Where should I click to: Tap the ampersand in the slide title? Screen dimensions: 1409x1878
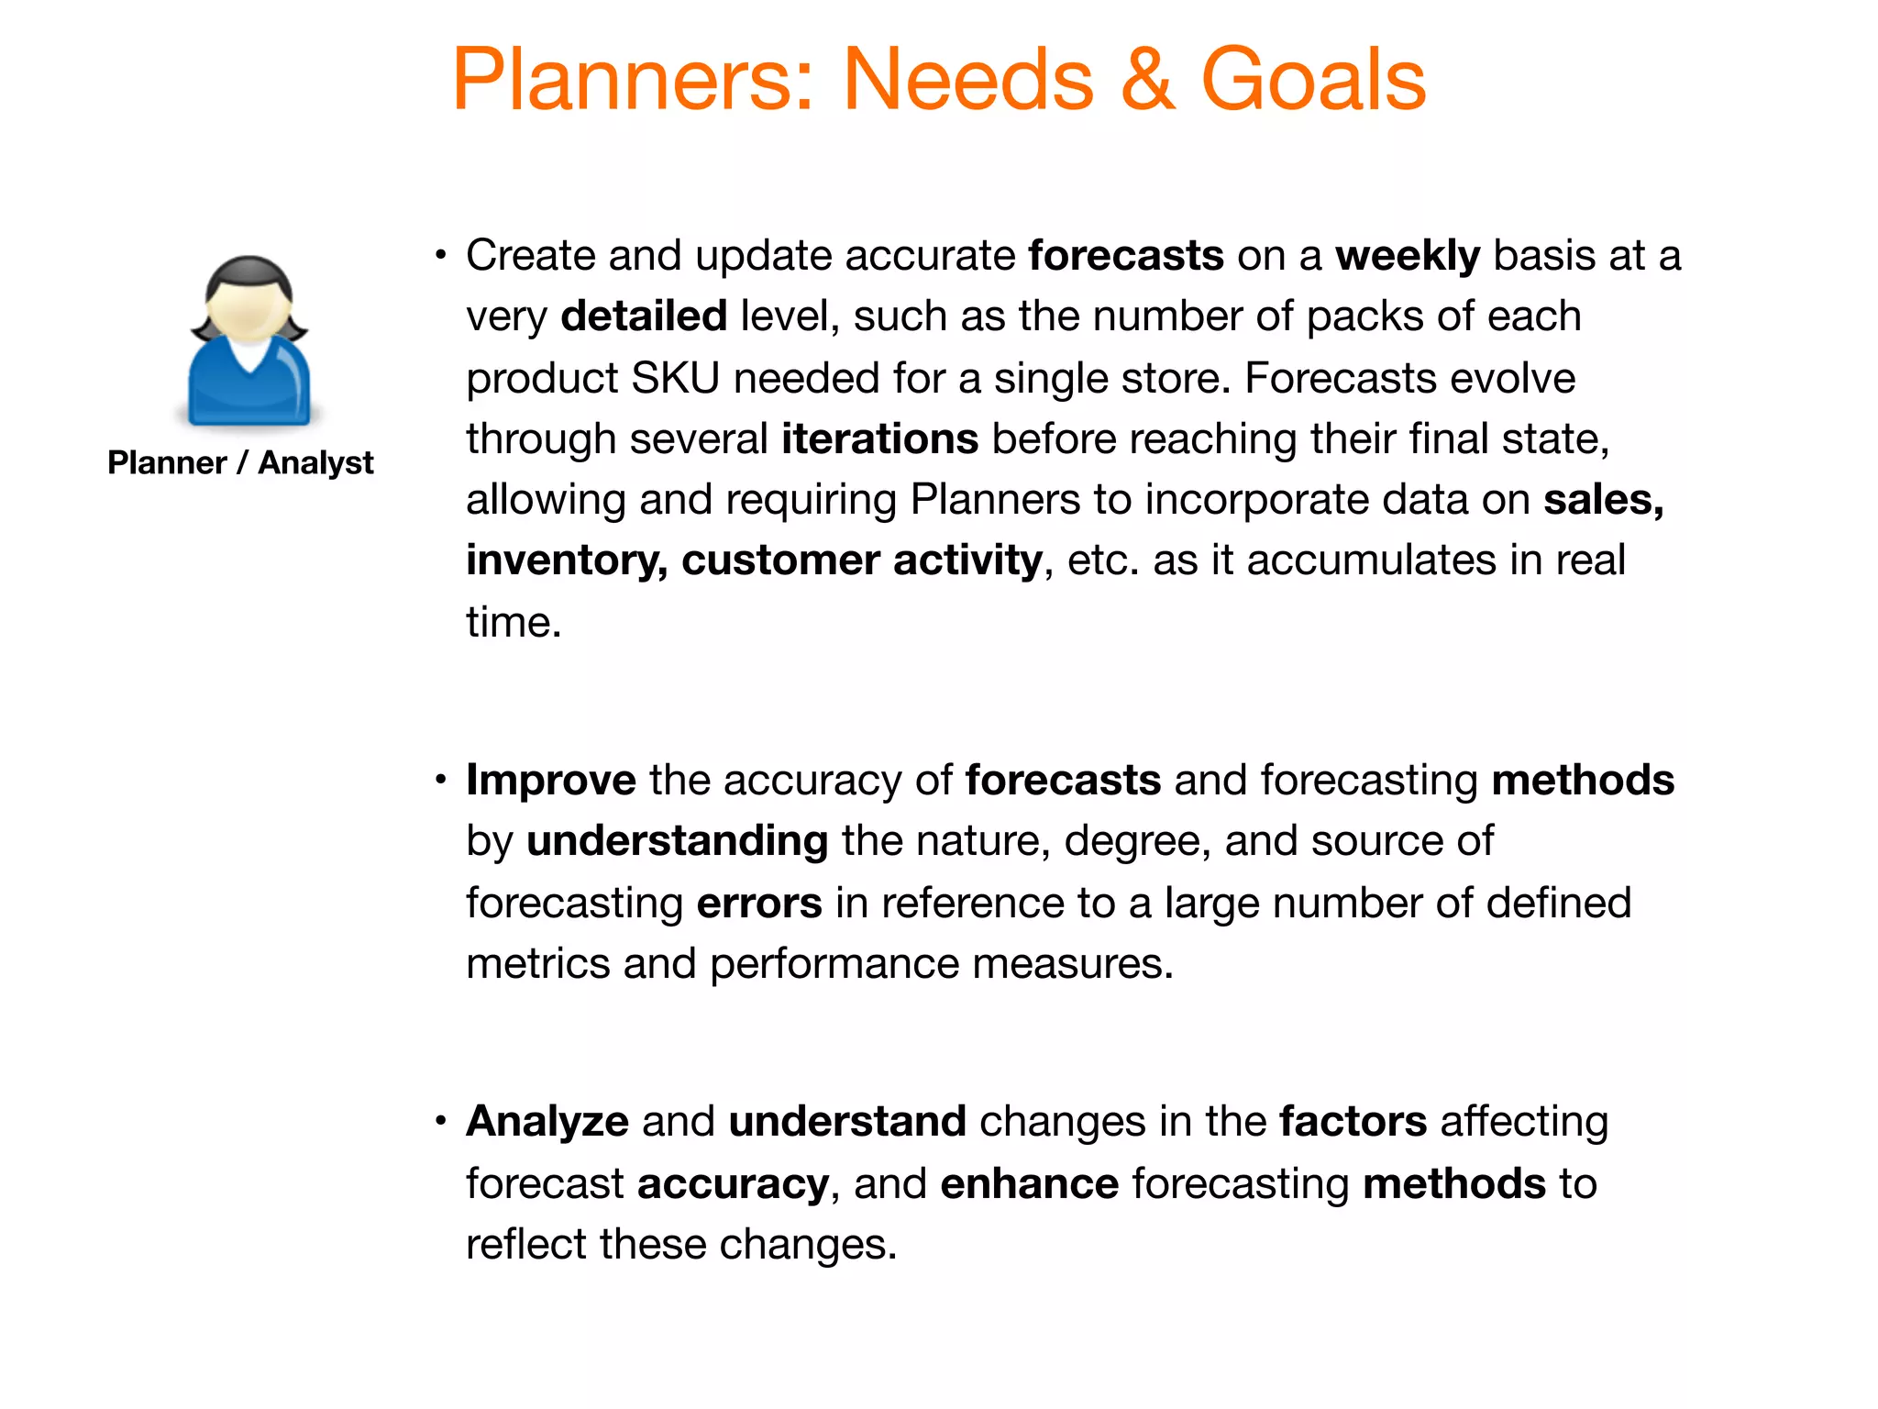pos(1146,81)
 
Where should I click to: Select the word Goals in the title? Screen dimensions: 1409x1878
pos(1313,81)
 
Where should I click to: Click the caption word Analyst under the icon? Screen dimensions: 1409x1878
pos(315,462)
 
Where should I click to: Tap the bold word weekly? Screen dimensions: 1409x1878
pos(1407,256)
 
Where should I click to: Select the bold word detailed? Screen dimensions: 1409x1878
pos(644,316)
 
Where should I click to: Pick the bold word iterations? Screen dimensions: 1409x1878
pos(879,439)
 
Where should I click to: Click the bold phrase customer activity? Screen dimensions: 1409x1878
pos(861,560)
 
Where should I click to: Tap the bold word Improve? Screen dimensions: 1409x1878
pos(550,781)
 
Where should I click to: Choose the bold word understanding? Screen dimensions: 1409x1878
pos(677,841)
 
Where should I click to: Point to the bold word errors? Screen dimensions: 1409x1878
pos(758,904)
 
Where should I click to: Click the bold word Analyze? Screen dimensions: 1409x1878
pos(547,1123)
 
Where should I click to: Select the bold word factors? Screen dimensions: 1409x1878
pos(1353,1122)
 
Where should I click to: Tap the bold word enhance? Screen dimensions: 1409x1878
pos(1029,1184)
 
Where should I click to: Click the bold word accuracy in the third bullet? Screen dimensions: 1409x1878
pos(733,1185)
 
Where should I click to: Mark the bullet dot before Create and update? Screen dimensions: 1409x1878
pos(441,255)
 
